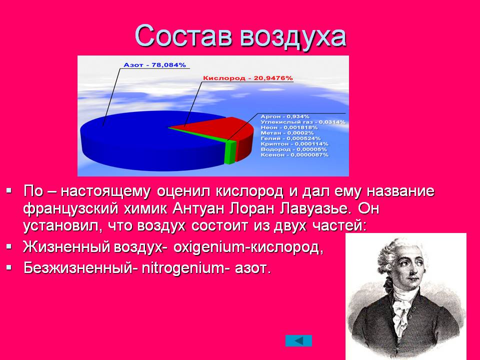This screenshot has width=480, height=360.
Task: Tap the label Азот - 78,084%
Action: tap(154, 65)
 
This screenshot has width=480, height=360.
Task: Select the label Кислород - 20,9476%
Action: tap(248, 78)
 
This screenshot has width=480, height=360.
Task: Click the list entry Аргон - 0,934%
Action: tap(285, 116)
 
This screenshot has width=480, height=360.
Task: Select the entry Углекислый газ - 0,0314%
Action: tap(303, 122)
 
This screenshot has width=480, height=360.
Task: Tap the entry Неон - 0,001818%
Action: tap(289, 127)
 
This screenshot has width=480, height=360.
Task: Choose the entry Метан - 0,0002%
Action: tap(287, 133)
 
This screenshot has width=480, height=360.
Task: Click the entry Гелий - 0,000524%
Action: tap(290, 138)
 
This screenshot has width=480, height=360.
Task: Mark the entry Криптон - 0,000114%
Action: tap(294, 144)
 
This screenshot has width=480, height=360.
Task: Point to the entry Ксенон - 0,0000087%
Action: tap(294, 155)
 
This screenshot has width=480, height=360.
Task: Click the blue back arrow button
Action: tap(299, 340)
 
